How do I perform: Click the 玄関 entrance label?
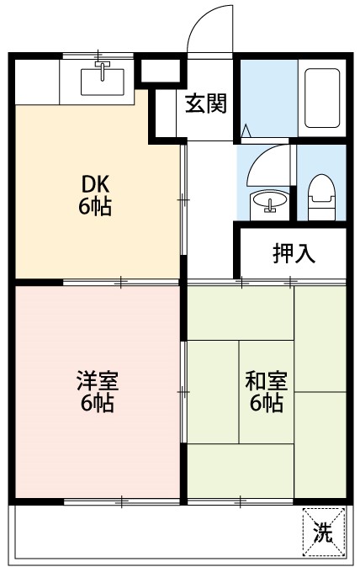tap(205, 104)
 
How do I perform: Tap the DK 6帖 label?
tap(94, 194)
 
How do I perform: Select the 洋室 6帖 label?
tap(97, 391)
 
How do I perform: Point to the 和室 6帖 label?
tap(266, 391)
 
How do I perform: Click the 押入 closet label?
tap(294, 254)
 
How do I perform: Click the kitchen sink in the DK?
tap(103, 81)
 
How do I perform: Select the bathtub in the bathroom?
tap(320, 97)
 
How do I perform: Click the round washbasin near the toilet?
tap(267, 202)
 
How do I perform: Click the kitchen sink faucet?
tap(103, 67)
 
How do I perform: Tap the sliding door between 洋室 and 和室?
tap(183, 391)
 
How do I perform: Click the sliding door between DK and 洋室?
tap(121, 282)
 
